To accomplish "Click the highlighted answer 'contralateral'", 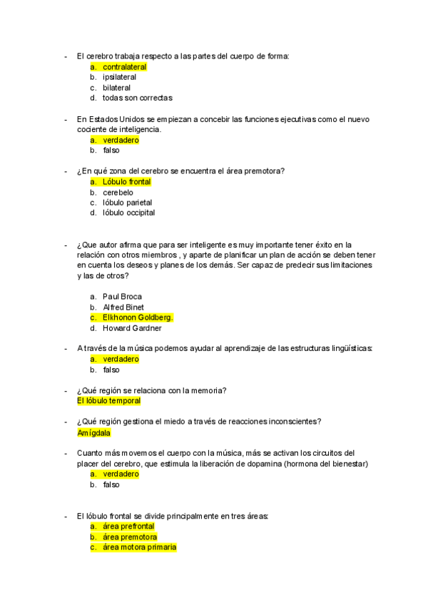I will [124, 67].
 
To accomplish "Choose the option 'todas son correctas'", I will [137, 98].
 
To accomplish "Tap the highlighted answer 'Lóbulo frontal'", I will [126, 182].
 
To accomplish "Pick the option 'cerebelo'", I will [118, 193].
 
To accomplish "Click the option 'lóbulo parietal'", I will [127, 203].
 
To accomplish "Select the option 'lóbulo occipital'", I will [128, 213].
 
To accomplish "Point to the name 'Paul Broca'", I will [122, 297].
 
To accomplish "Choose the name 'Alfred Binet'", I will [123, 307].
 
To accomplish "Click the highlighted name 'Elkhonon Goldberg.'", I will [138, 317].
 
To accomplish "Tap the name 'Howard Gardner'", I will [132, 328].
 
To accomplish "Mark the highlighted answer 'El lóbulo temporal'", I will [108, 401].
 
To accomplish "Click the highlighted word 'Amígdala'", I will [93, 432].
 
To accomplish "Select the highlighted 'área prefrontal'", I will [128, 527].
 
